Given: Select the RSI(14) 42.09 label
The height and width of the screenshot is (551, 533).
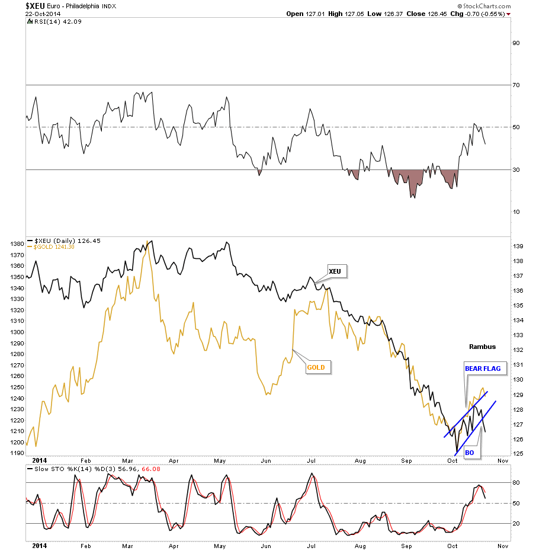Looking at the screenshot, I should click(x=50, y=23).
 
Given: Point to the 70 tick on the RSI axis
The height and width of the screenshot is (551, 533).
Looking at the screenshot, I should click(x=516, y=85).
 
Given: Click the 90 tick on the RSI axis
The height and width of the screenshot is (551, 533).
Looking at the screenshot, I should click(x=516, y=43).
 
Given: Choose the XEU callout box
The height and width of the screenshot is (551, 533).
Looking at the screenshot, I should click(x=335, y=271).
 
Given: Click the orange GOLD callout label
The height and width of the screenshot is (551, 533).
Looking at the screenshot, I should click(x=316, y=367).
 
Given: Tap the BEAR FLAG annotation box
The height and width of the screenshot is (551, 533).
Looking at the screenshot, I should click(x=482, y=369).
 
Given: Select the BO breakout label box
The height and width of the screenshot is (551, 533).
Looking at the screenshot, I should click(x=469, y=453).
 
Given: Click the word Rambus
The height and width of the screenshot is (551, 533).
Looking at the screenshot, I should click(x=482, y=347).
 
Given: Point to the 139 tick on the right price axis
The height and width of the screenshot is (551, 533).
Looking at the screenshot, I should click(x=516, y=246).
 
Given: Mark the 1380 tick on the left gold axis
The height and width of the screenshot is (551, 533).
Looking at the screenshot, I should click(x=17, y=244).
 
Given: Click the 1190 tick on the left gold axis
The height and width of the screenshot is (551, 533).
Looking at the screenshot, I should click(x=17, y=453).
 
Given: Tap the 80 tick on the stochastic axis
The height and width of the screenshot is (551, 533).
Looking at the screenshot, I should click(x=516, y=483).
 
